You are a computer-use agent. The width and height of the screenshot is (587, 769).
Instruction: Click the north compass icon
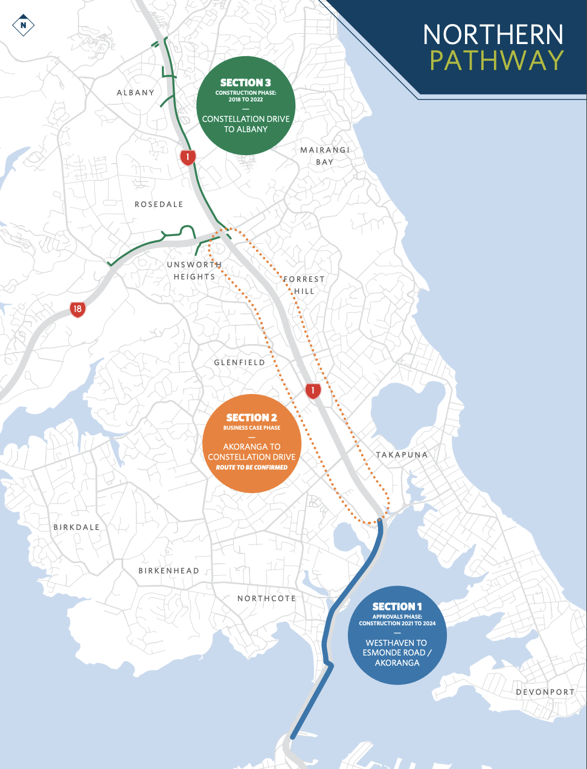24,25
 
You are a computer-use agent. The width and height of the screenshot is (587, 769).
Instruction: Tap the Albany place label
136,92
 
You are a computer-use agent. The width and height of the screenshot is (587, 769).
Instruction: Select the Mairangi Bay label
325,156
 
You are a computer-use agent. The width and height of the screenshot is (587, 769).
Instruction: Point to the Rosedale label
159,205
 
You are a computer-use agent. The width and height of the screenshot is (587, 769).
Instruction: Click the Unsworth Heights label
194,270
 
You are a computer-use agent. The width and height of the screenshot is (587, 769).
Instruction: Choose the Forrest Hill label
304,285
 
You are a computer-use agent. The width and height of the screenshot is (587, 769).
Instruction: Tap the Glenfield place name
240,362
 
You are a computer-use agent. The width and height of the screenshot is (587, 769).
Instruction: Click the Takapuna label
402,455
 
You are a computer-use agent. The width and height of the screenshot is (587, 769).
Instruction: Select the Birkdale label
77,527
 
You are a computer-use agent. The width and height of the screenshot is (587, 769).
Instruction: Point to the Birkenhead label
168,570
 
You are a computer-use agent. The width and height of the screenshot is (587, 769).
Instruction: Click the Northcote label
266,598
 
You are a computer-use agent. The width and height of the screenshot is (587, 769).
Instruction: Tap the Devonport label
545,692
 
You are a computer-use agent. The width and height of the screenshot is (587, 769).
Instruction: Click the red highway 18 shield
77,310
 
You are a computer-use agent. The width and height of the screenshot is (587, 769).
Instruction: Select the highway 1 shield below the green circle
188,158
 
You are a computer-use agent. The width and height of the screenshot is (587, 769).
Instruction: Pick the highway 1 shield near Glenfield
313,391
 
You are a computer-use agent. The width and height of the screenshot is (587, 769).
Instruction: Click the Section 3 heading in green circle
246,83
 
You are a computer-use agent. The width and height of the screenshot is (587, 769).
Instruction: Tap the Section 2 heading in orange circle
252,418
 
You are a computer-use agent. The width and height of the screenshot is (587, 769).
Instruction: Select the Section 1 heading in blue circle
397,607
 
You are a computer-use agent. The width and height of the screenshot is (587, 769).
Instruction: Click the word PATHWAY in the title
497,61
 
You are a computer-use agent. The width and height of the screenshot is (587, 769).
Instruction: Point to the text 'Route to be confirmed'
252,467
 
